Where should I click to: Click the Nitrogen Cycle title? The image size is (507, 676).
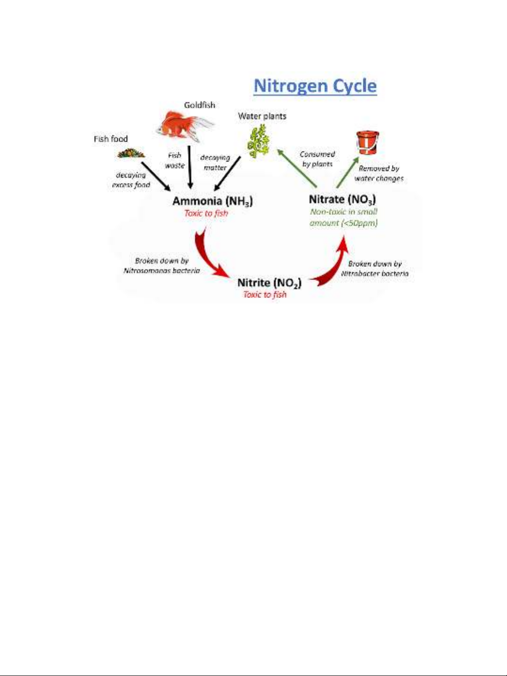(315, 86)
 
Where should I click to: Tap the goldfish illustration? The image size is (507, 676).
(185, 126)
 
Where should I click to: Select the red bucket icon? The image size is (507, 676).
(368, 143)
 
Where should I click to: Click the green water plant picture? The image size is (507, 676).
(258, 141)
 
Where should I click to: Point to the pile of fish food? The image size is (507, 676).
(131, 153)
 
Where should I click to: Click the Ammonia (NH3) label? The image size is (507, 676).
(213, 201)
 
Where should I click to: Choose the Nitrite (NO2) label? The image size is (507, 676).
(269, 283)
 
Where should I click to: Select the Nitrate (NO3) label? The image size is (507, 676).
(342, 199)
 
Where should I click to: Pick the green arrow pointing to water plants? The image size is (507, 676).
(297, 168)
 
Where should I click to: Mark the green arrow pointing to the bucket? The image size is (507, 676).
(348, 172)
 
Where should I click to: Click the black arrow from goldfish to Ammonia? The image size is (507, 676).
(189, 167)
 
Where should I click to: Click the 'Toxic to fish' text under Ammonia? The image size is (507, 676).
(206, 213)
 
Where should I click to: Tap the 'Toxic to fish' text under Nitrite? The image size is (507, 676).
(265, 295)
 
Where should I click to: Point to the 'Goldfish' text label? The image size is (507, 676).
(199, 105)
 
